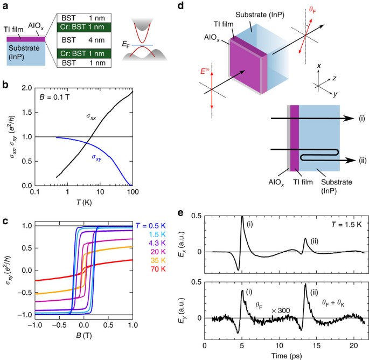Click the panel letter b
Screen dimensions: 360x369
(x=6, y=85)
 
